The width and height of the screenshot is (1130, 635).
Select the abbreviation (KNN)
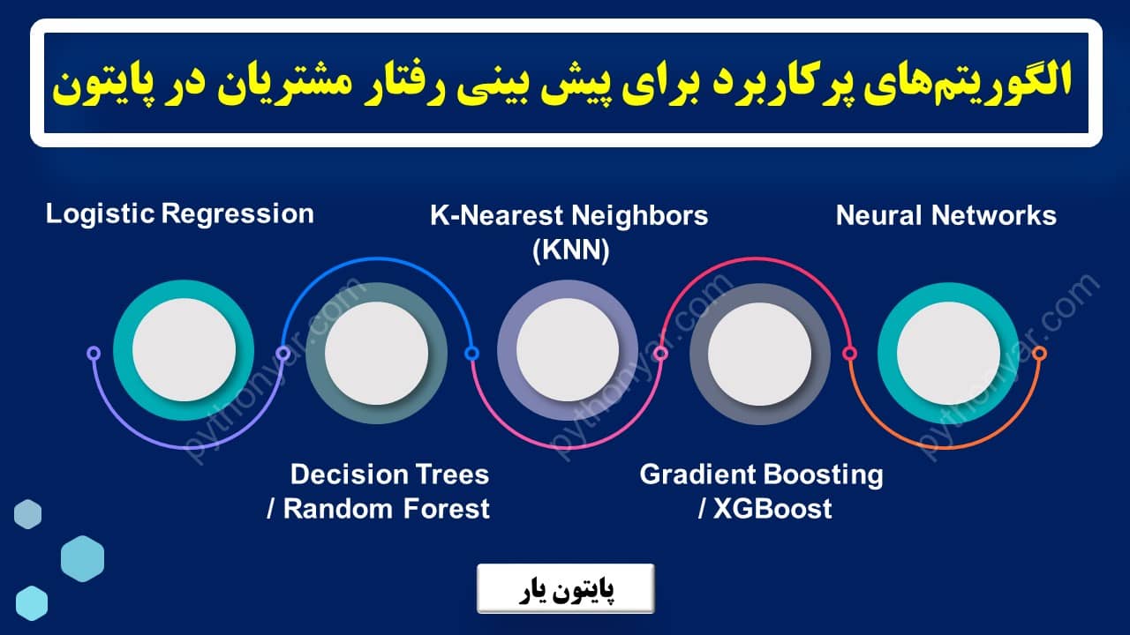(x=570, y=251)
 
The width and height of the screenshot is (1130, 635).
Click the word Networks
(x=998, y=215)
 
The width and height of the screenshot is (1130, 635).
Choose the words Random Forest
(x=387, y=509)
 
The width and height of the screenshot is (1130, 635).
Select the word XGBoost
(x=773, y=509)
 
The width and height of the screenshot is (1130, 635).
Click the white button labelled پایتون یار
(x=565, y=588)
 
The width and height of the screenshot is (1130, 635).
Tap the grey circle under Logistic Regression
(x=184, y=350)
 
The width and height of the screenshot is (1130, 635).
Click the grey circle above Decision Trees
(x=376, y=354)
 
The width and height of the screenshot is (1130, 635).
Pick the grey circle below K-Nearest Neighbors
(x=568, y=350)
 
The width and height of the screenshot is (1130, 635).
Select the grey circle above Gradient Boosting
(x=759, y=354)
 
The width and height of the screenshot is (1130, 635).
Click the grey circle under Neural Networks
(x=948, y=350)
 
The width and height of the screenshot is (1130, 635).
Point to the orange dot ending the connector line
(x=1039, y=353)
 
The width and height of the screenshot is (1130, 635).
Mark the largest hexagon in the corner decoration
(x=82, y=558)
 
